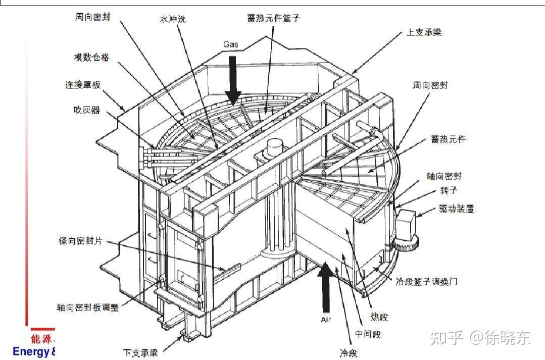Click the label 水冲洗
tap(172, 20)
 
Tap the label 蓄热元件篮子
tap(273, 18)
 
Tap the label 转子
tap(449, 191)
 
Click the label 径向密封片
tap(80, 241)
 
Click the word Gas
tap(231, 44)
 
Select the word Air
tap(326, 320)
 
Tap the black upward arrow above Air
tap(326, 288)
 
